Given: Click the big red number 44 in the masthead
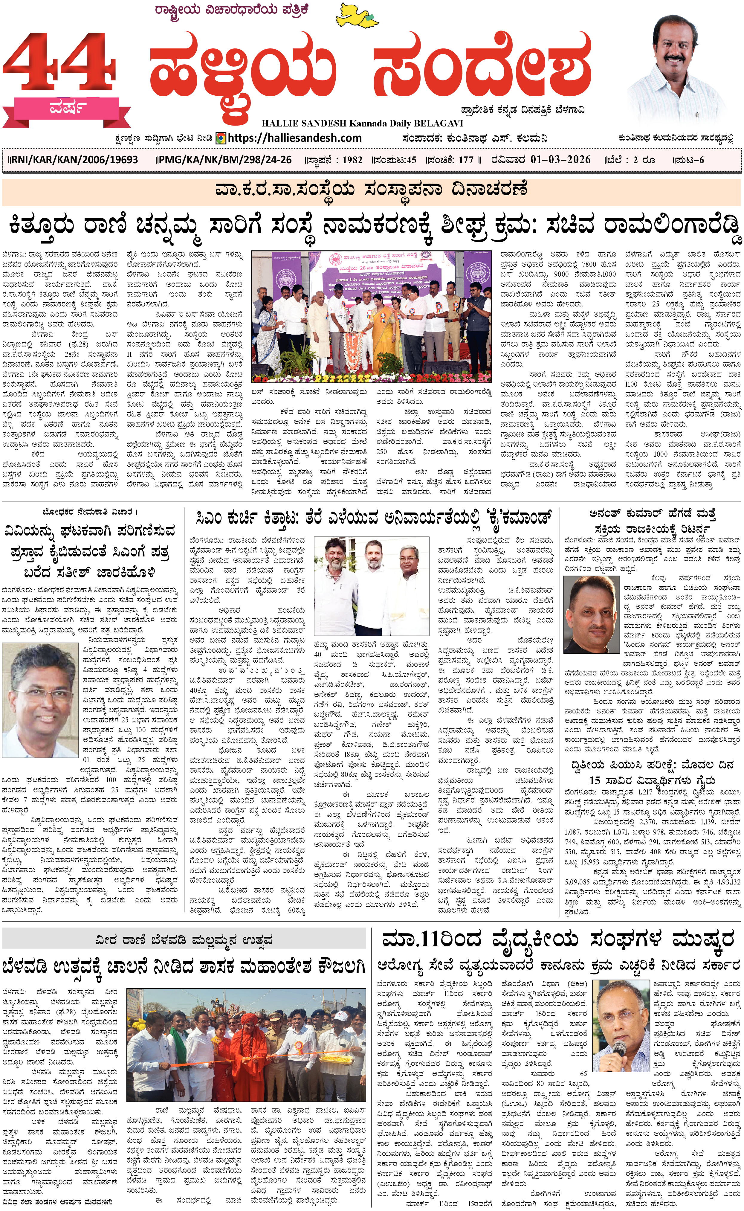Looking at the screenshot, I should click(59, 64).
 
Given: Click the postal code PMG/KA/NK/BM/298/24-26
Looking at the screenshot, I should click(224, 160).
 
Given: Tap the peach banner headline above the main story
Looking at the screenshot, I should click(372, 190).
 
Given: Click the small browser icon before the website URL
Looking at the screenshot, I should click(221, 138).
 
